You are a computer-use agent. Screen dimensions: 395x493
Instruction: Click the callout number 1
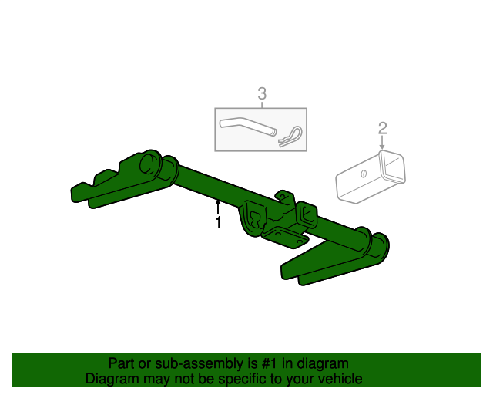point(218,223)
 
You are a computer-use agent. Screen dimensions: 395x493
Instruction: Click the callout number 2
point(382,128)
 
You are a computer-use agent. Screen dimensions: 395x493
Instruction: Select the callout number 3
point(261,94)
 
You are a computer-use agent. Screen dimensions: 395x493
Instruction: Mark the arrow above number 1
point(218,206)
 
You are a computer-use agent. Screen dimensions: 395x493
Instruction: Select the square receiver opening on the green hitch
point(307,214)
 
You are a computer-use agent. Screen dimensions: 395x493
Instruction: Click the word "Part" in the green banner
point(122,363)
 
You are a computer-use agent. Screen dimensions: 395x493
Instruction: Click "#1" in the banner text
point(265,363)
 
